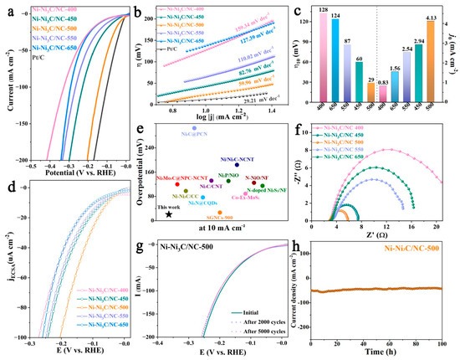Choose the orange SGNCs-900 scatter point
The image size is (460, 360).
tap(221, 213)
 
